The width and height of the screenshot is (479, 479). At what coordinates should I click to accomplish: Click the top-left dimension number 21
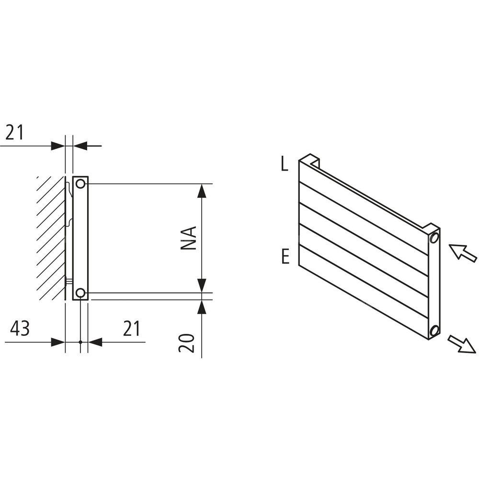[15, 132]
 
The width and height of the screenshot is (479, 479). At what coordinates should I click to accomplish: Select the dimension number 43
[20, 329]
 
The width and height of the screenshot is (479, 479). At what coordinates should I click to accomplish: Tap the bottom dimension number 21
[131, 329]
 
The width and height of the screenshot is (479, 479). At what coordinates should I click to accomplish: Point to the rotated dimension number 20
[186, 343]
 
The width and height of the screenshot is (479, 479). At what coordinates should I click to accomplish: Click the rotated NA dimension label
[188, 238]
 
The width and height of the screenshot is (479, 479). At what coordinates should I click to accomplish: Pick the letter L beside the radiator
[285, 165]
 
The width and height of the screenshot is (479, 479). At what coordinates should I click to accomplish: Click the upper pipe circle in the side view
[80, 184]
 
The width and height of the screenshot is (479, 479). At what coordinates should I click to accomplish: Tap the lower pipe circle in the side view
[80, 293]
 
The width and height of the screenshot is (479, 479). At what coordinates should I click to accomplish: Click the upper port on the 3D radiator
[434, 238]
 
